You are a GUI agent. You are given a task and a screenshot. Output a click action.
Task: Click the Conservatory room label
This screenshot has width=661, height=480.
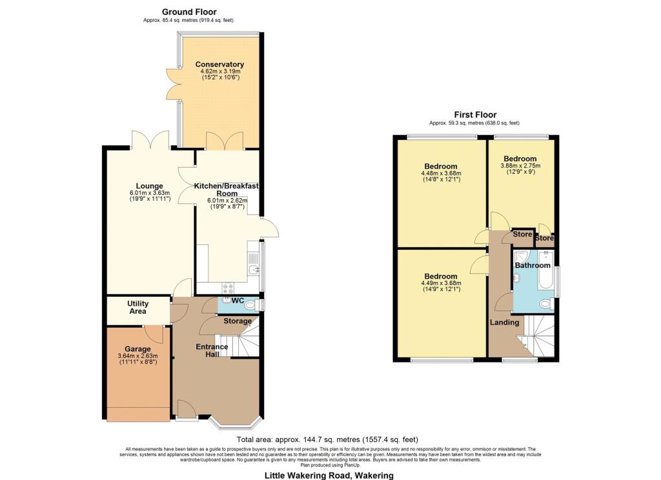point(219,65)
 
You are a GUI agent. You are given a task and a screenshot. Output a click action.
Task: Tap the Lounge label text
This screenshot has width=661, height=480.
point(149,186)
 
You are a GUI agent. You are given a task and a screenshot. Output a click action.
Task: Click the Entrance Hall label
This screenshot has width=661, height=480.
point(212,350)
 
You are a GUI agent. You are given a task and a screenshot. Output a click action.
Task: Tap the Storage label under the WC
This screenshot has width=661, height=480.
point(238,321)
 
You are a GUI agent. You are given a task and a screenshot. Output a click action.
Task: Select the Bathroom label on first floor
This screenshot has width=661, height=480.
point(533,265)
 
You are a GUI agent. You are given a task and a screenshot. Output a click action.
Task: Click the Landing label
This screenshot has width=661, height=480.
point(504,323)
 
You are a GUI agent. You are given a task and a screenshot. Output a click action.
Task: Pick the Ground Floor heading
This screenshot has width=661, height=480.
point(189,12)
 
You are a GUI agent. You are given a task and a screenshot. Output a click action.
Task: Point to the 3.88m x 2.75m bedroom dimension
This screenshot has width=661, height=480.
point(520,166)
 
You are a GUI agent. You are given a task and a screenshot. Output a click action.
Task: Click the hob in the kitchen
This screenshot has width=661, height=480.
point(228,288)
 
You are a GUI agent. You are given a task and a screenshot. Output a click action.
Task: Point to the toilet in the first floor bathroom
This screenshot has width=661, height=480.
point(544,305)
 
